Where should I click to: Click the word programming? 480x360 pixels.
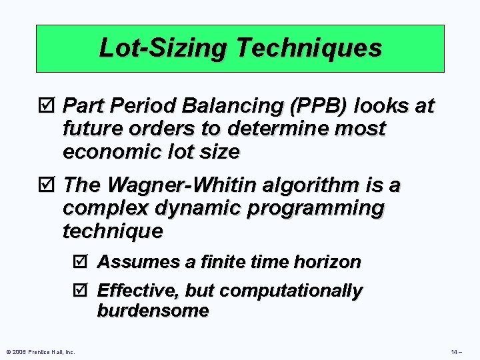pyautogui.click(x=312, y=208)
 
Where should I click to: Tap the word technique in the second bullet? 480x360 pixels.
pyautogui.click(x=112, y=231)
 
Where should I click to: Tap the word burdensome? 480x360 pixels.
pyautogui.click(x=153, y=311)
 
